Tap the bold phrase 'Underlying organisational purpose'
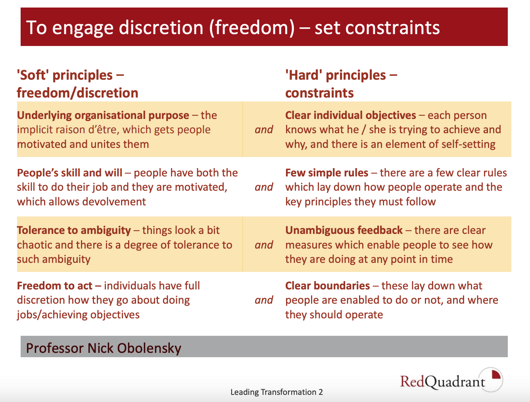click(x=103, y=115)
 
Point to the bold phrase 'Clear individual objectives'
click(x=351, y=115)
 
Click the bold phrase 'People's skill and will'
click(x=69, y=173)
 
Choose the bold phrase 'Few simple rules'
click(x=327, y=173)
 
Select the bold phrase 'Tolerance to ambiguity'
click(x=74, y=230)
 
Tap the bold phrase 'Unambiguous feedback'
click(x=344, y=230)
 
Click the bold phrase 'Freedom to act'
click(x=55, y=286)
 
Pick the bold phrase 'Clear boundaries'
click(x=327, y=286)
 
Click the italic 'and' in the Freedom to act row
click(x=264, y=300)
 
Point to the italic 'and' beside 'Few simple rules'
click(x=264, y=187)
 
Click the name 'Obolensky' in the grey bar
click(x=149, y=348)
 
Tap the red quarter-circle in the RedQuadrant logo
click(x=496, y=375)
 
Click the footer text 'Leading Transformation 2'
click(x=277, y=392)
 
